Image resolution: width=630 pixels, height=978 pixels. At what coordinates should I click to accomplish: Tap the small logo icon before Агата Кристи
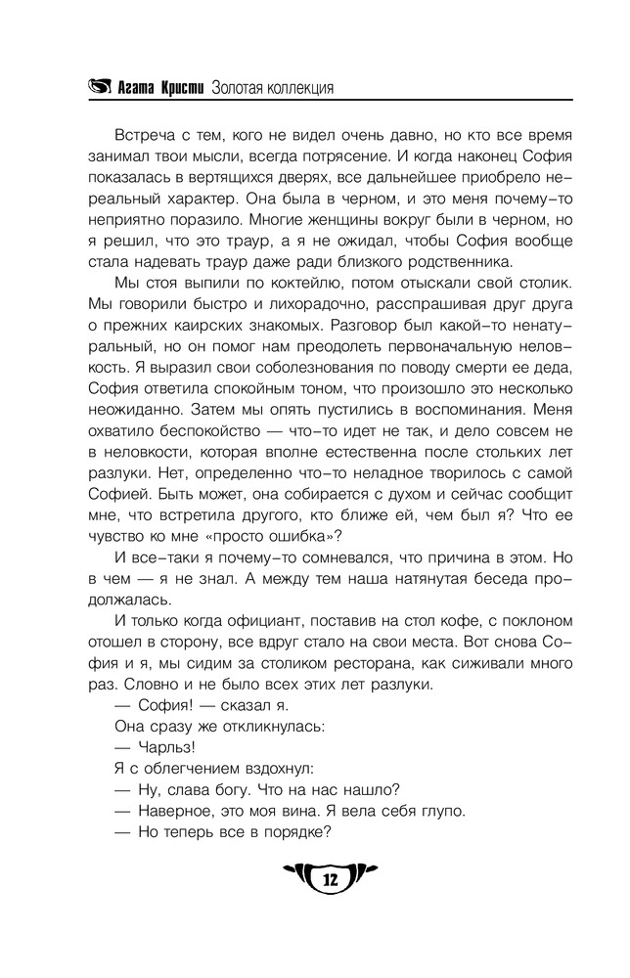point(100,88)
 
